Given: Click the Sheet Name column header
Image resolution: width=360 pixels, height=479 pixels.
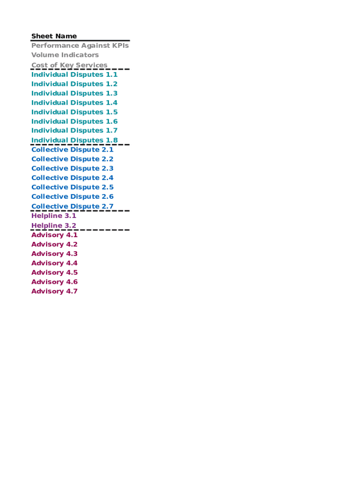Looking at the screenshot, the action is pyautogui.click(x=54, y=36).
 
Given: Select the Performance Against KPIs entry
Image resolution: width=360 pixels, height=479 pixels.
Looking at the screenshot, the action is pyautogui.click(x=80, y=45).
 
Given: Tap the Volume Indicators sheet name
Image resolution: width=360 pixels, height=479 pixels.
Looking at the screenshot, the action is pyautogui.click(x=65, y=55).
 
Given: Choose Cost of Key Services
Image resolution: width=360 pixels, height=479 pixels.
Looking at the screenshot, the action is pyautogui.click(x=69, y=65).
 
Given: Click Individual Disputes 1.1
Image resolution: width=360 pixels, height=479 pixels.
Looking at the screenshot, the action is pyautogui.click(x=74, y=74).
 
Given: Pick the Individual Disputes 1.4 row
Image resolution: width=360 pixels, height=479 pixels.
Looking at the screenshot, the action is pyautogui.click(x=74, y=102).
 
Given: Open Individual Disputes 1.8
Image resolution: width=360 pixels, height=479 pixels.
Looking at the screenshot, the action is pyautogui.click(x=74, y=140).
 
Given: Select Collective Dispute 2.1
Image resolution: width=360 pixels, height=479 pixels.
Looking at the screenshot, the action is pyautogui.click(x=72, y=150).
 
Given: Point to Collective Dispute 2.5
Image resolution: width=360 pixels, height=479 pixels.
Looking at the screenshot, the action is pyautogui.click(x=72, y=187).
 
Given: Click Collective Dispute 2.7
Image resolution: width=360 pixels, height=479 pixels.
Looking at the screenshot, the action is pyautogui.click(x=72, y=206).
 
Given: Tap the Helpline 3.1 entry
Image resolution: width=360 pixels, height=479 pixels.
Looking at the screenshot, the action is pyautogui.click(x=54, y=216).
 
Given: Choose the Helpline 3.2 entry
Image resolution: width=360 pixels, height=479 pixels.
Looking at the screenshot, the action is pyautogui.click(x=54, y=225).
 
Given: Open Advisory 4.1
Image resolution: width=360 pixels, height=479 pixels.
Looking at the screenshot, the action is pyautogui.click(x=54, y=235).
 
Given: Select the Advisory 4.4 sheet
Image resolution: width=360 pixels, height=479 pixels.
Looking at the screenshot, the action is pyautogui.click(x=54, y=263).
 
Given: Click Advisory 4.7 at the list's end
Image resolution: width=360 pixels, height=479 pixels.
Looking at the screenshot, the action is pyautogui.click(x=54, y=291).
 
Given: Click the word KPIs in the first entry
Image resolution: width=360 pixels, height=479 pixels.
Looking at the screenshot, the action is pyautogui.click(x=121, y=45).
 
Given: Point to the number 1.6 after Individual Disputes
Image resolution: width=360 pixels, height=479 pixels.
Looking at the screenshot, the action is pyautogui.click(x=112, y=122).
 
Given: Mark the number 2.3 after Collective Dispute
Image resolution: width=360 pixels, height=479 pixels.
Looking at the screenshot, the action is pyautogui.click(x=108, y=168).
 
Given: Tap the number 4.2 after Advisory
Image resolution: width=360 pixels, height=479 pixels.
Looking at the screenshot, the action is pyautogui.click(x=72, y=244).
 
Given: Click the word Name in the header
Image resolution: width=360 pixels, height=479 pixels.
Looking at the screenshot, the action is pyautogui.click(x=66, y=36).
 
